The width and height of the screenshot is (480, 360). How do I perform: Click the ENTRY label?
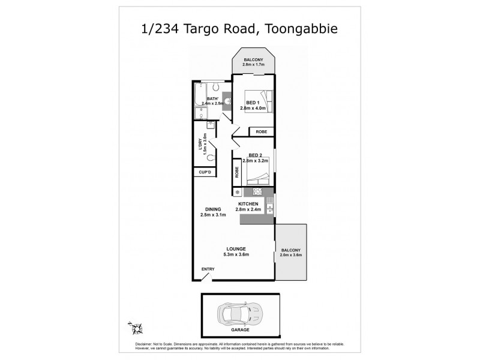tap(208, 269)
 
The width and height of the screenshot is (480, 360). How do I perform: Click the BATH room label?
tap(212, 99)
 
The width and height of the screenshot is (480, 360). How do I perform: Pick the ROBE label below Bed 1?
tap(262, 131)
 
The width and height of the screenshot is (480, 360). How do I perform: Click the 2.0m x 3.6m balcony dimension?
tap(290, 255)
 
